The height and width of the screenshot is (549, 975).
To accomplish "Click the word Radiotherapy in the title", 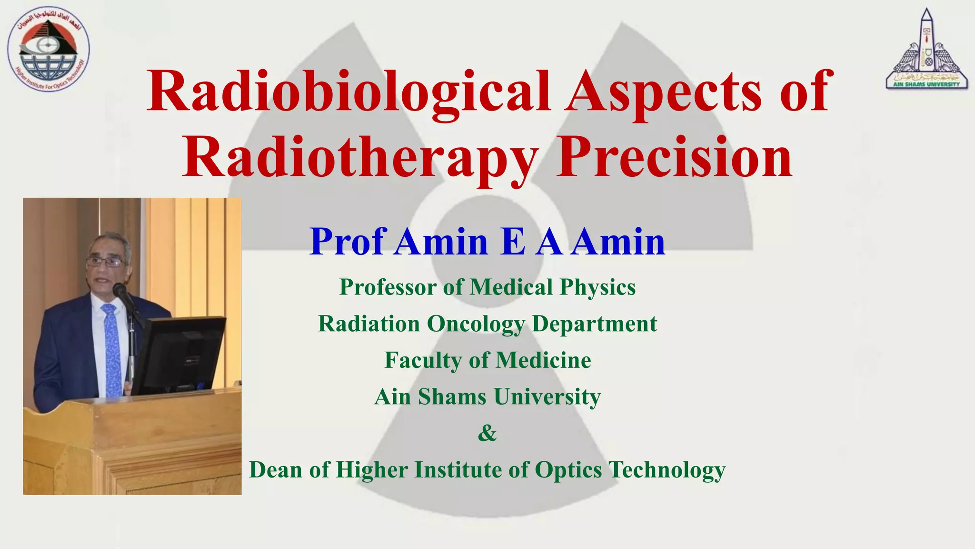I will [x=360, y=157].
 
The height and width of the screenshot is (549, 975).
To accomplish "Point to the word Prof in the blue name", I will [x=347, y=242].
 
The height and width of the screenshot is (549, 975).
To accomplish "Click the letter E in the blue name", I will [x=513, y=242].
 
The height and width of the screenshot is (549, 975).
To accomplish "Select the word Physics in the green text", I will [x=597, y=287].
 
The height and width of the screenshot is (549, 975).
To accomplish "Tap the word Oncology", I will [x=476, y=324].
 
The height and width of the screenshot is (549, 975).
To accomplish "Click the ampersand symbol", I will [x=487, y=433].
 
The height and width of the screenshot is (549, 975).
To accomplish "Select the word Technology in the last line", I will [x=667, y=470].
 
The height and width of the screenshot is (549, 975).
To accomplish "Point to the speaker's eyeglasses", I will [x=104, y=262].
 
